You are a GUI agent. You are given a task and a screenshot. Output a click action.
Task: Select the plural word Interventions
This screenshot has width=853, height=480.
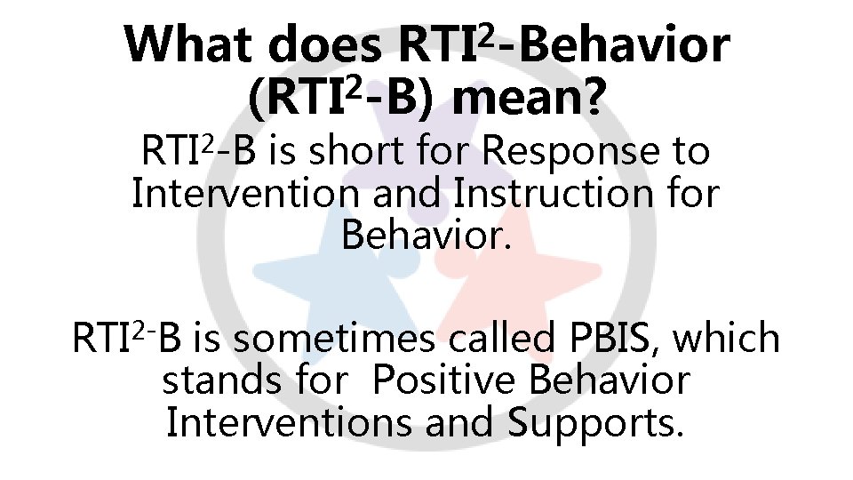[x=283, y=423]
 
